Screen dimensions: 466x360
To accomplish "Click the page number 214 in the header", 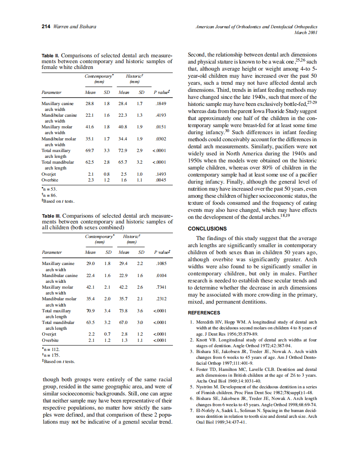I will pos(46,27).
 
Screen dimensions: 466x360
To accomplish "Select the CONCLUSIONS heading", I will pos(207,228).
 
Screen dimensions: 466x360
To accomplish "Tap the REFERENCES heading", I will pos(204,313).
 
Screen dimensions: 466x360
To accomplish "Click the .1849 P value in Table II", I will pos(160,103).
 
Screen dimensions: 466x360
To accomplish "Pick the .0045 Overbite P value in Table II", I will pos(160,180).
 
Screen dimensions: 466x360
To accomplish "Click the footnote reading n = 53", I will pos(50,189).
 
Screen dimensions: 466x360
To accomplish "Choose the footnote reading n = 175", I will pos(51,355).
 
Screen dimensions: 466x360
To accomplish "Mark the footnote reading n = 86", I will pos(50,195).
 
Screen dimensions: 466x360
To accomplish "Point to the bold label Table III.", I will pos(52,216).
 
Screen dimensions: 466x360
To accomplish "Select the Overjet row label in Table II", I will pos(49,174).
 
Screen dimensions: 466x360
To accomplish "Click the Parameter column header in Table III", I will pos(52,252).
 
